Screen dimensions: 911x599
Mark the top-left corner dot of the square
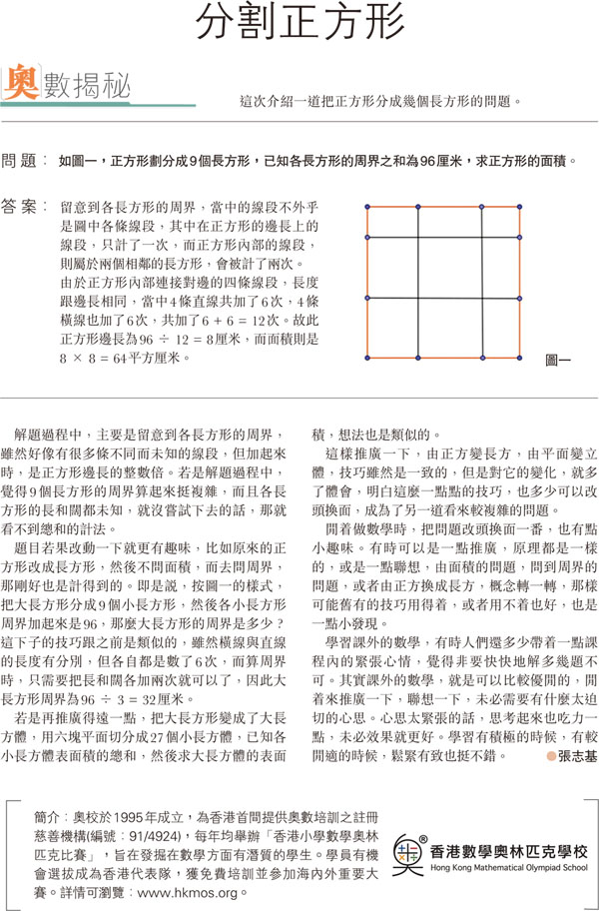368,207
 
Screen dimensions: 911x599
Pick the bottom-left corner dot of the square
368,357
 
